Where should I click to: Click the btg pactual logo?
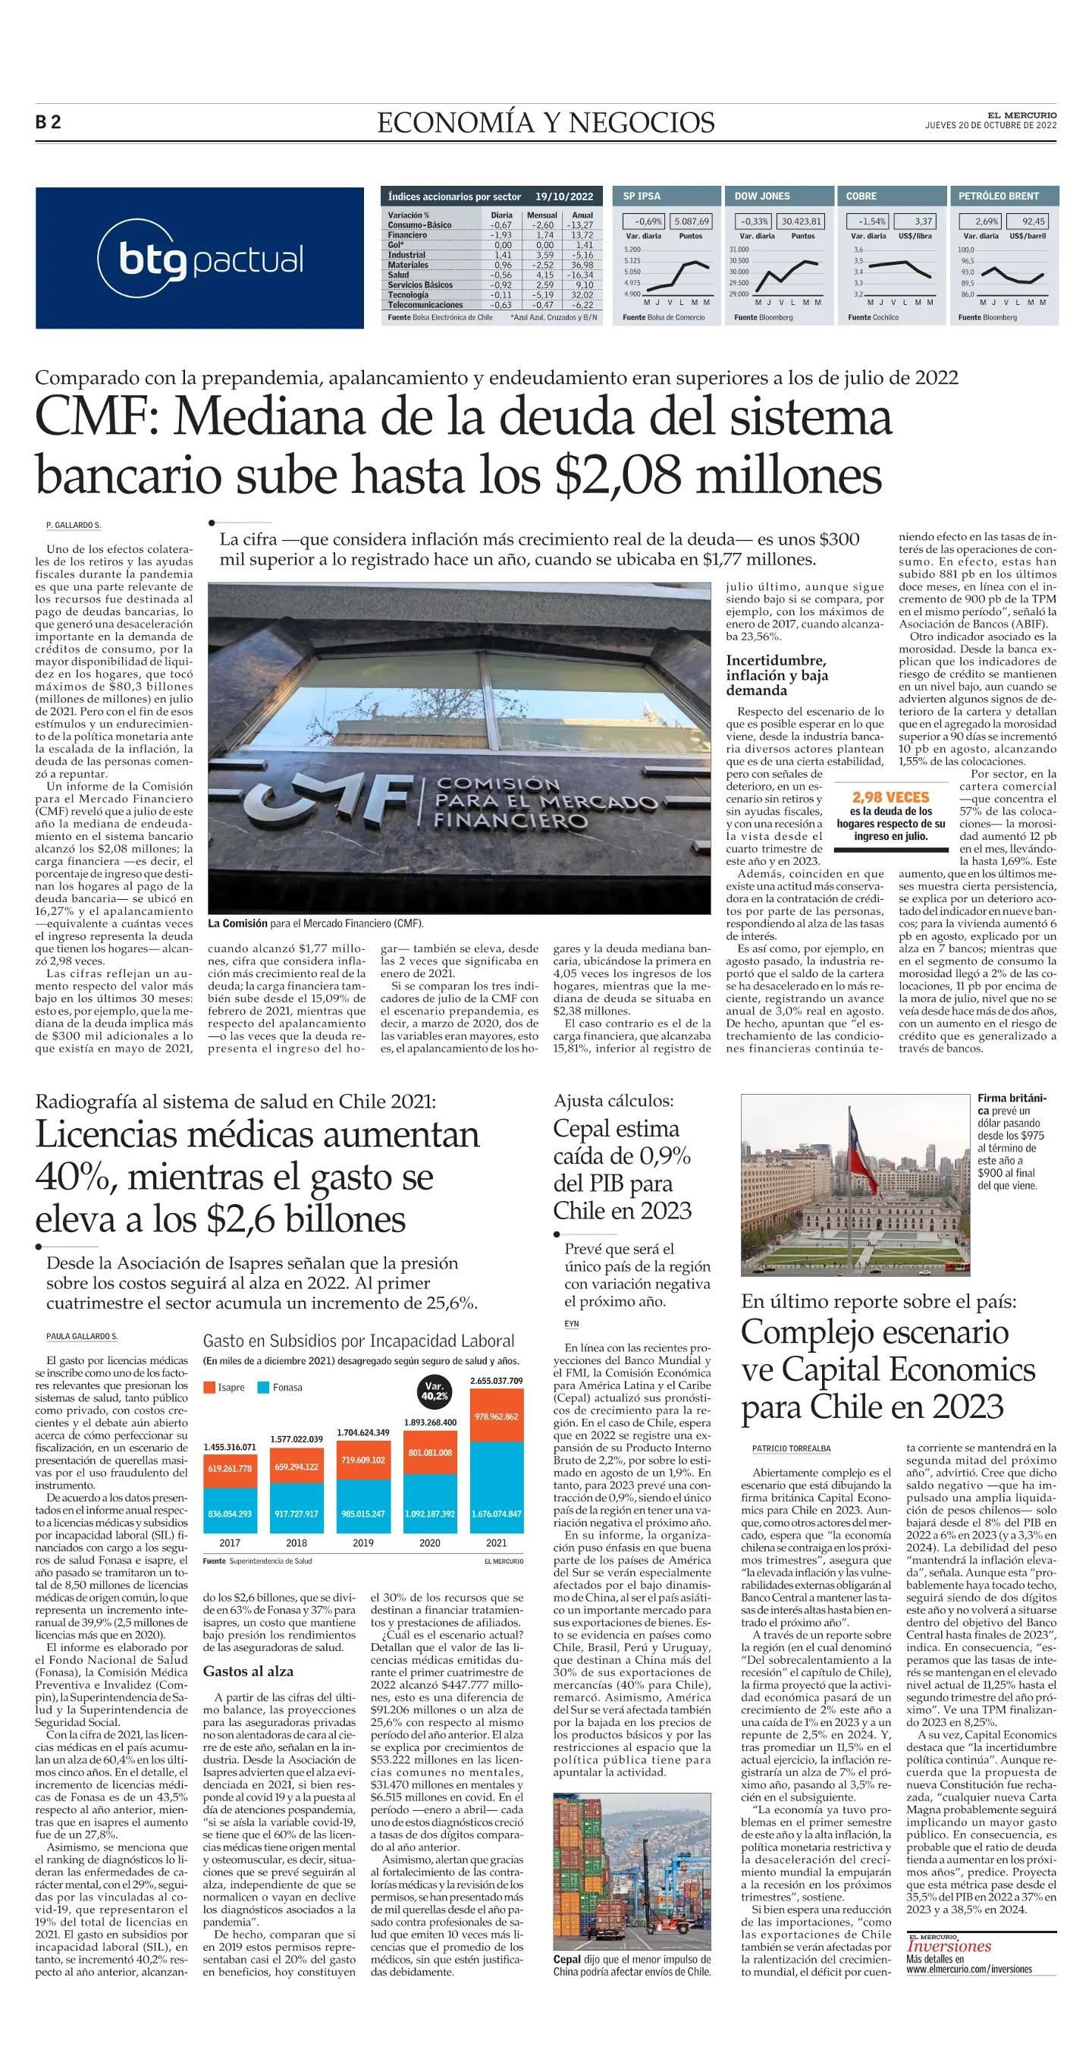[199, 258]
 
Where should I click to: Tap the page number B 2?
[49, 123]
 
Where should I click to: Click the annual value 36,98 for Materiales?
[582, 266]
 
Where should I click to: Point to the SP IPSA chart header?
[642, 196]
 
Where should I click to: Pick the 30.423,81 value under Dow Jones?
[802, 222]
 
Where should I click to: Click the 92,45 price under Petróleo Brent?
[1034, 222]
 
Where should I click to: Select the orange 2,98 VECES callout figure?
[890, 797]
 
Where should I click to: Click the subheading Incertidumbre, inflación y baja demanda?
[777, 675]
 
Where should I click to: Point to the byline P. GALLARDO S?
[74, 525]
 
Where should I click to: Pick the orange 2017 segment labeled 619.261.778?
[229, 1468]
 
